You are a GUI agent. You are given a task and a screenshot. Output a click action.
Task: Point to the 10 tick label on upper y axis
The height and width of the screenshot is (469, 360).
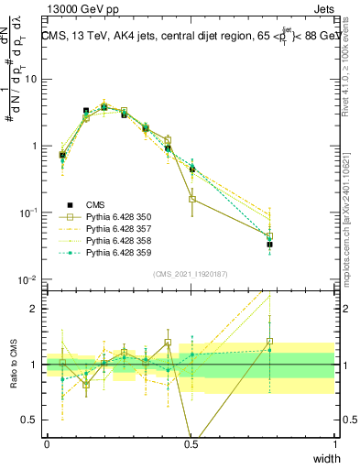[x=33, y=79]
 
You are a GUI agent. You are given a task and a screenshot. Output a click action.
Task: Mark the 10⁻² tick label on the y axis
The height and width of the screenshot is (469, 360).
[x=30, y=279]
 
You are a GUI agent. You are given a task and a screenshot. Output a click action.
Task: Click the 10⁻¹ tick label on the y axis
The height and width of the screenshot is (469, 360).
[x=30, y=213]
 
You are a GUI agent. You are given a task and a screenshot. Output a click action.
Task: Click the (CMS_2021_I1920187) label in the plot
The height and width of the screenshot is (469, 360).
[x=191, y=272]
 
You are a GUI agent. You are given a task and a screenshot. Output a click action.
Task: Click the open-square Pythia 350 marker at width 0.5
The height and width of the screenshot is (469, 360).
[x=192, y=199]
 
